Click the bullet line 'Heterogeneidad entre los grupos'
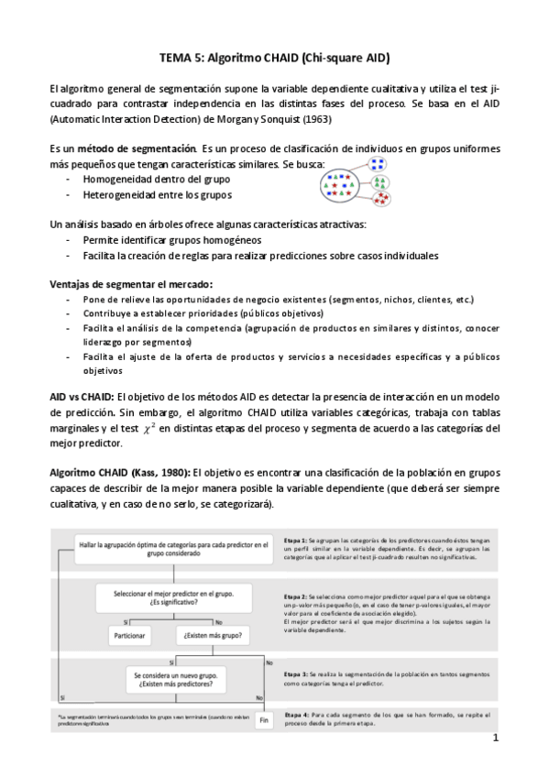pyautogui.click(x=144, y=194)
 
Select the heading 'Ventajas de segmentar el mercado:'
pyautogui.click(x=131, y=283)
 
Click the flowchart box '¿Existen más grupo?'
pyautogui.click(x=214, y=634)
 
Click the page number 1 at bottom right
pyautogui.click(x=495, y=739)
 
